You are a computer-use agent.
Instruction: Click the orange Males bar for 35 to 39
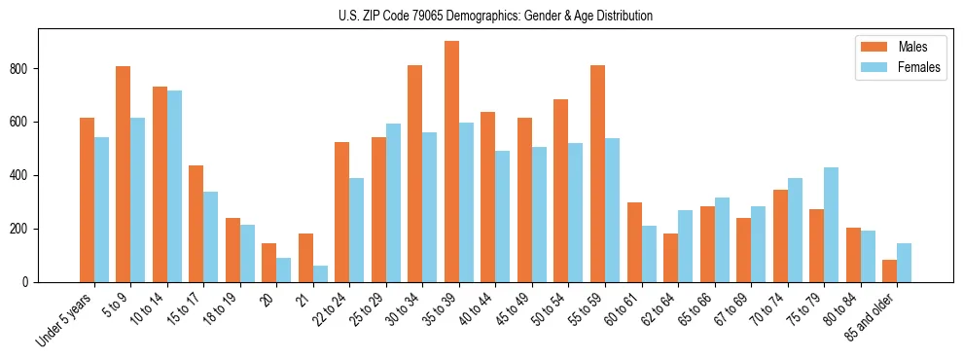451,162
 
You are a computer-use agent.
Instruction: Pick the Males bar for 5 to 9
124,174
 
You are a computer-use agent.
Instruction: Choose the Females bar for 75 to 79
831,225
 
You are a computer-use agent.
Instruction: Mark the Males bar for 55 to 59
597,174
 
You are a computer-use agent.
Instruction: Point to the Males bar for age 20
269,263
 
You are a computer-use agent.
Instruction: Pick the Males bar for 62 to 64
670,258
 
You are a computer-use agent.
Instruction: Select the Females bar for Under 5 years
101,210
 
